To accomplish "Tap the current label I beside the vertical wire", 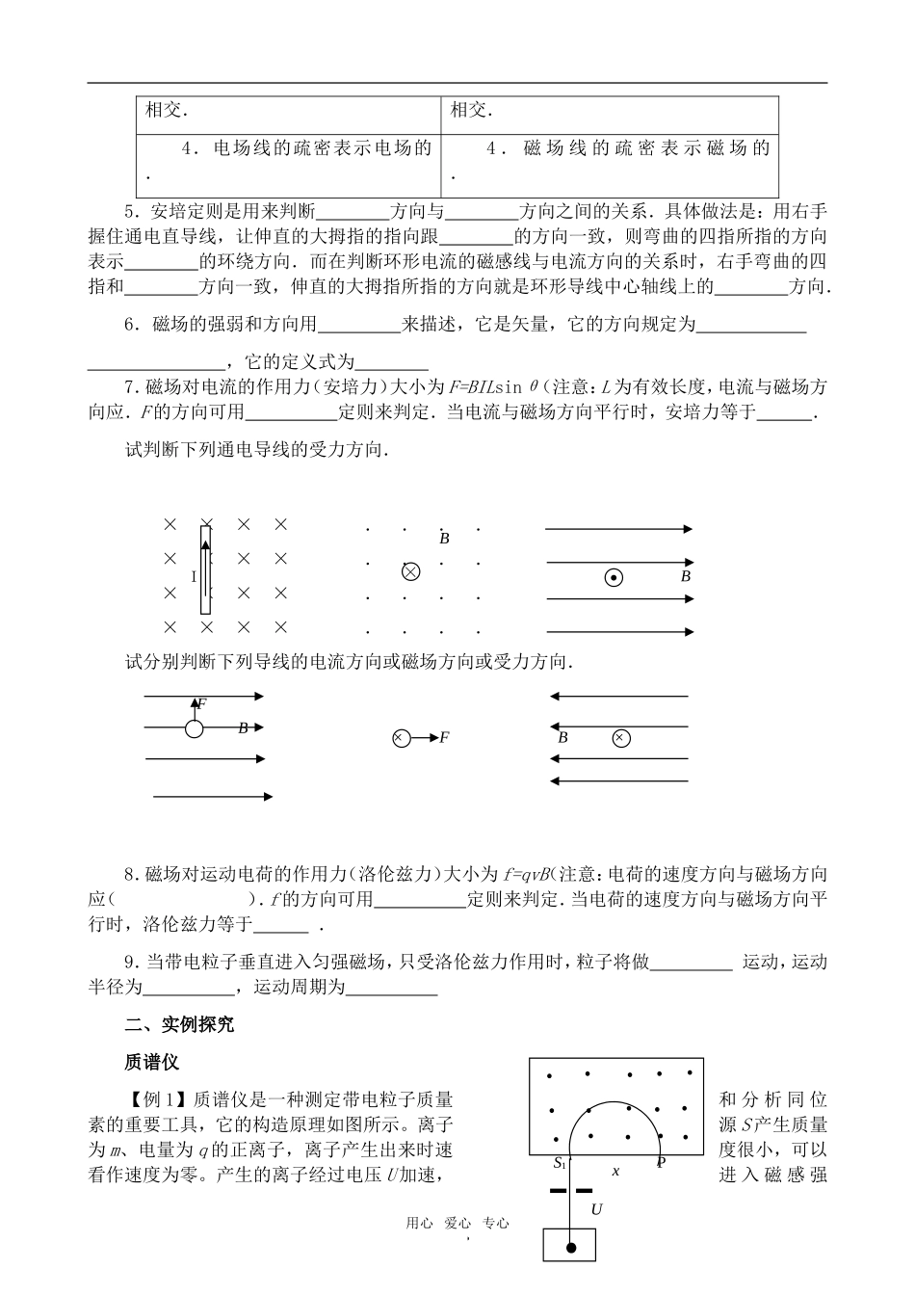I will coord(194,577).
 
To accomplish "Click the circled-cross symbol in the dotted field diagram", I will coord(410,571).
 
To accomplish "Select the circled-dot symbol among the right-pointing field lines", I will coord(613,578).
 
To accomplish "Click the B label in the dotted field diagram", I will coord(444,540).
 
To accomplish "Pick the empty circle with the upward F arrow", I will coord(195,728).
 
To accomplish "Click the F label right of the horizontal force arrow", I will coord(444,738).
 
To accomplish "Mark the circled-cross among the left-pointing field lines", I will coord(621,738).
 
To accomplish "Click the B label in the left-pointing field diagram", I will coord(563,738).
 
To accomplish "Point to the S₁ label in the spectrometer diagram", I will coord(560,1164).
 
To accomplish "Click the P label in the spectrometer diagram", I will coord(661,1164).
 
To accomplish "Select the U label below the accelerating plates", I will coord(596,1208).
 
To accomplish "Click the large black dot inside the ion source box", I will coord(570,1248).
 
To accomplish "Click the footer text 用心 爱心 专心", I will coord(457,1224).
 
